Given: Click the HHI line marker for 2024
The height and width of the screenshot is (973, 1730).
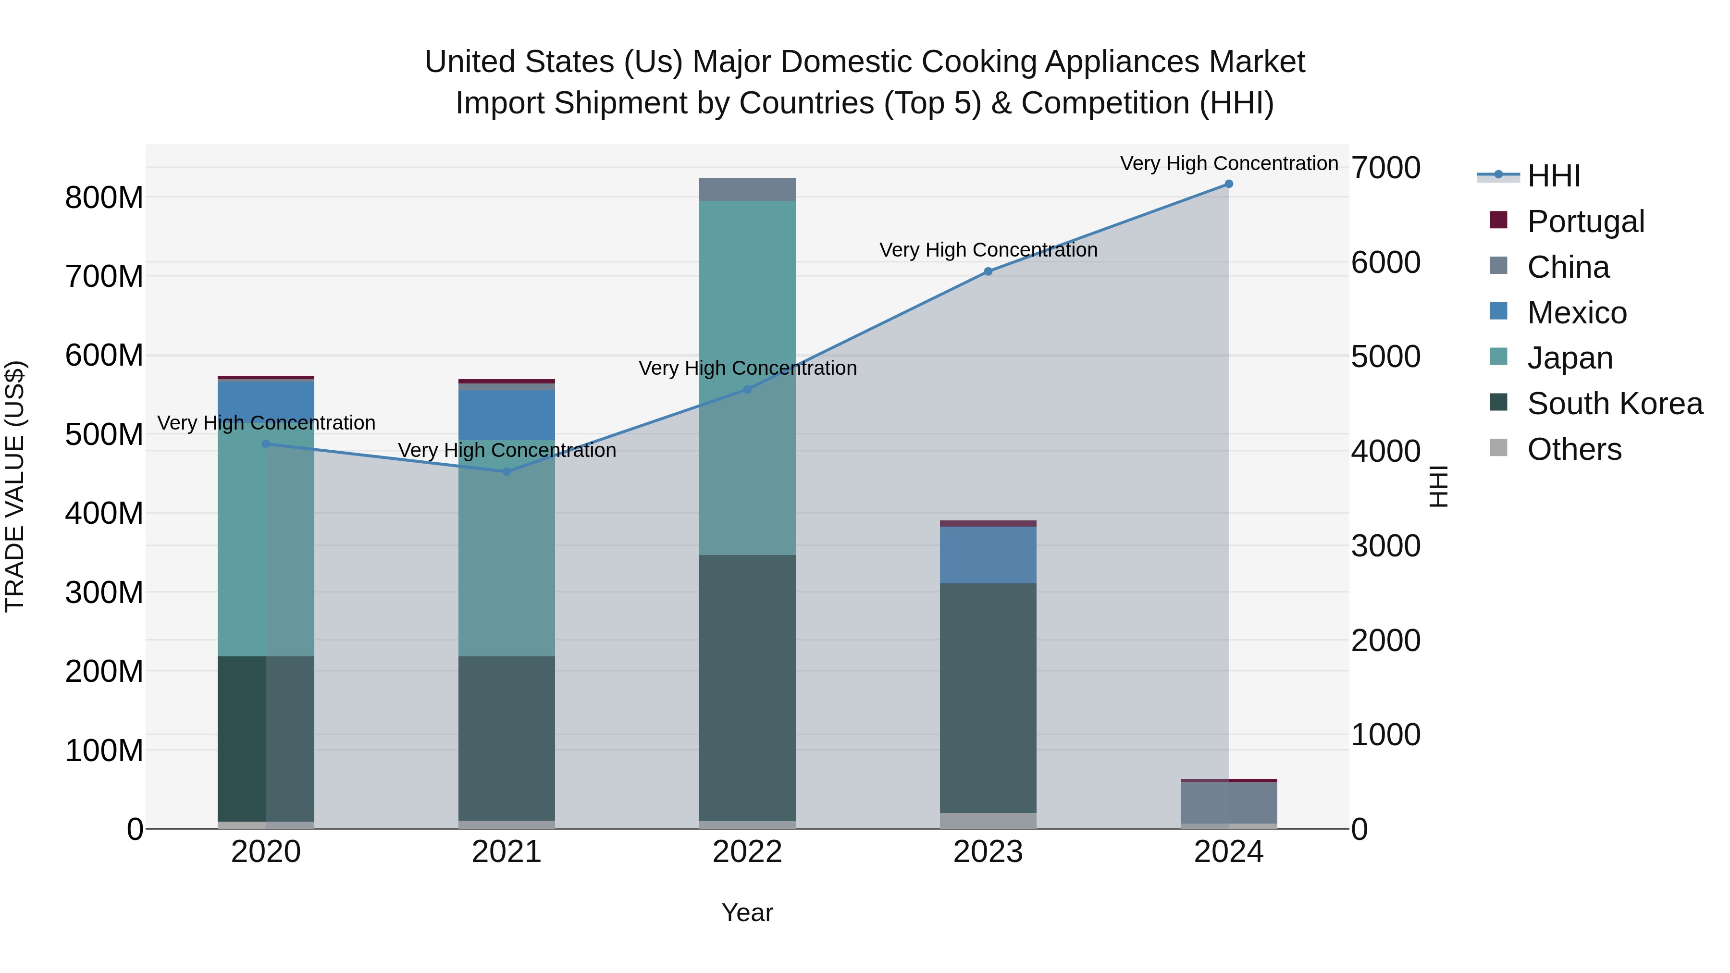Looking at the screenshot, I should [x=1228, y=184].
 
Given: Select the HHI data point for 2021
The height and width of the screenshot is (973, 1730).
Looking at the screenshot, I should [x=507, y=472].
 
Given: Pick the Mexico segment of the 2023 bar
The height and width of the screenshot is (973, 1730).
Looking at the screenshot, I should [x=987, y=554].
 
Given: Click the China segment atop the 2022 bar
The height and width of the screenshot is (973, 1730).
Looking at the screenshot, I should [x=747, y=189].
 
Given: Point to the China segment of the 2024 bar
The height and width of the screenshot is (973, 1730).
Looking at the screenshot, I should [x=1228, y=802].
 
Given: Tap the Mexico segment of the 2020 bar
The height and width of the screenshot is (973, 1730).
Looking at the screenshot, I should [x=266, y=400].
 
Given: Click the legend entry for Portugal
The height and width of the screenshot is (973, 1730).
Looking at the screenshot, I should [x=1585, y=222].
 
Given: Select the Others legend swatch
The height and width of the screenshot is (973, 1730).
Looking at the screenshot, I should [x=1498, y=448].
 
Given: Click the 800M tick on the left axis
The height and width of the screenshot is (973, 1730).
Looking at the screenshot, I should [x=104, y=198].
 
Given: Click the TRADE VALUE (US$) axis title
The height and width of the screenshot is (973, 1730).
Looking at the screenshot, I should [x=15, y=486].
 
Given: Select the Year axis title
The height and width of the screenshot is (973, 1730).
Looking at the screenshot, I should [x=747, y=912].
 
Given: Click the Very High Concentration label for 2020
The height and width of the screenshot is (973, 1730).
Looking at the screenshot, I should [x=266, y=423].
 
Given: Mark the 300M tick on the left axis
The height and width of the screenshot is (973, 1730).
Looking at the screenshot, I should [x=104, y=593].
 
